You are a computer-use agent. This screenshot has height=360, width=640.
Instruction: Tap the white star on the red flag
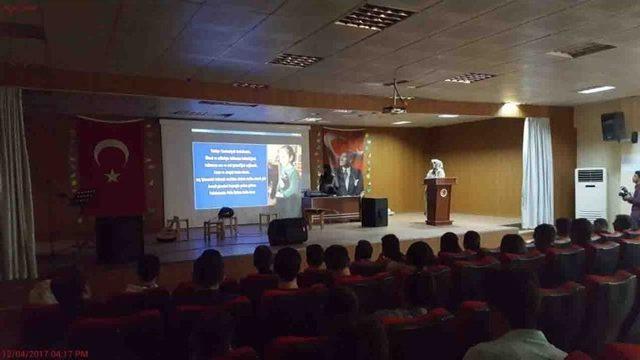click(x=112, y=176)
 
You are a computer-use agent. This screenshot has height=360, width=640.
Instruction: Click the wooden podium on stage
click(x=439, y=201)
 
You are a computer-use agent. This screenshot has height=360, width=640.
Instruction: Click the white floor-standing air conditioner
click(x=590, y=194)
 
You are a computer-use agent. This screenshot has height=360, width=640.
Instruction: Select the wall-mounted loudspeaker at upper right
click(x=613, y=126)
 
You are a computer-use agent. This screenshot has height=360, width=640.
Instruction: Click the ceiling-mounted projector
click(x=394, y=108)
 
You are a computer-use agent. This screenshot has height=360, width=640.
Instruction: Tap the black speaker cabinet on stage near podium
click(x=374, y=212)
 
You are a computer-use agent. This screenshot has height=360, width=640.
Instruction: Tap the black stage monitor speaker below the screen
click(x=287, y=231)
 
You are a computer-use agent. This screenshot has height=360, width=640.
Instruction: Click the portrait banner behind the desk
click(x=345, y=160)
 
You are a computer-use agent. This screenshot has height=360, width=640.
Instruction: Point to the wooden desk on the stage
click(x=332, y=207)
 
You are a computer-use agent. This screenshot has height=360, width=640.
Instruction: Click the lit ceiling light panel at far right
click(x=596, y=90)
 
